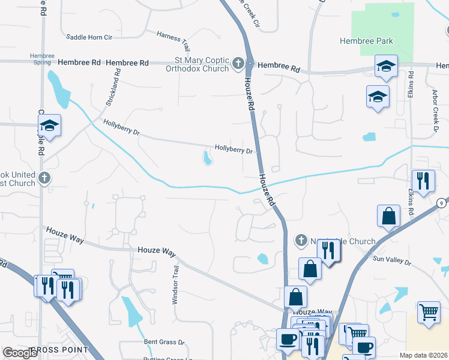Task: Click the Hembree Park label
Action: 366,41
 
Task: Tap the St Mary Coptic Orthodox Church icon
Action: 238,62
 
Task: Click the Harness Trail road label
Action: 173,40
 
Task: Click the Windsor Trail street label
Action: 176,286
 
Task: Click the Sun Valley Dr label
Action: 391,262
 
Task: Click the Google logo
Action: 20,353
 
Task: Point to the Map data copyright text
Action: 424,355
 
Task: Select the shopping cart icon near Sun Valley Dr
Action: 429,311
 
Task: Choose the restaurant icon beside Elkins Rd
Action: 423,180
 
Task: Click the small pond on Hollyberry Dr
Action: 208,158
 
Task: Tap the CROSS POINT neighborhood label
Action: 58,350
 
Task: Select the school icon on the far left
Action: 50,125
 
